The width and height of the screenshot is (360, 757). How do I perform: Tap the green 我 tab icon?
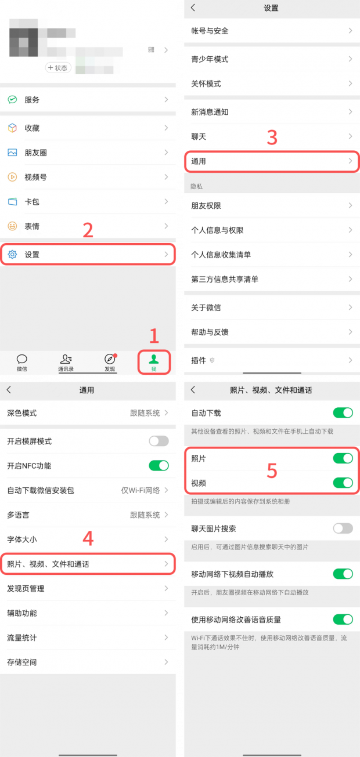154,359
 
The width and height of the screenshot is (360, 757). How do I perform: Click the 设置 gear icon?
12,255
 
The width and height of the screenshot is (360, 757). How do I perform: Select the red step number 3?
272,137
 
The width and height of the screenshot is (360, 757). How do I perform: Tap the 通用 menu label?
199,161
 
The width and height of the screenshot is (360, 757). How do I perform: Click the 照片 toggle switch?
343,458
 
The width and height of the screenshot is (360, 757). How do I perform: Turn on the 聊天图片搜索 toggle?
343,528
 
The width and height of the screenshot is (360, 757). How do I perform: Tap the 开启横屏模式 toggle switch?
159,441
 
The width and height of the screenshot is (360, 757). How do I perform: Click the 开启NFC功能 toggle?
159,466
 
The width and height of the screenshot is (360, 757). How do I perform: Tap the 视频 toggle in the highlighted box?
343,483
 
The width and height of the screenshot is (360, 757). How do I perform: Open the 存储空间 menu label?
22,662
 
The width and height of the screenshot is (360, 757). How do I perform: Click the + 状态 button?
58,68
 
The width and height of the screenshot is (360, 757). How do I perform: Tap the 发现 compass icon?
110,359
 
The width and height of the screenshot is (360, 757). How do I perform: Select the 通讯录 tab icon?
66,359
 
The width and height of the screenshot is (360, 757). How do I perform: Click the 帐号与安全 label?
210,31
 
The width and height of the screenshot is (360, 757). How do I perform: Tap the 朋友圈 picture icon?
12,153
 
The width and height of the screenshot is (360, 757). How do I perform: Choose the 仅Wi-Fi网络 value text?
141,491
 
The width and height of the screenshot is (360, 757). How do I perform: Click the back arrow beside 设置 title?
193,8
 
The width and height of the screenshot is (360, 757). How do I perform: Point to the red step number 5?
272,471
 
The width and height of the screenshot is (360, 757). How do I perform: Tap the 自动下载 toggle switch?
343,413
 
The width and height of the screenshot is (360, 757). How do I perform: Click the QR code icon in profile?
152,50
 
